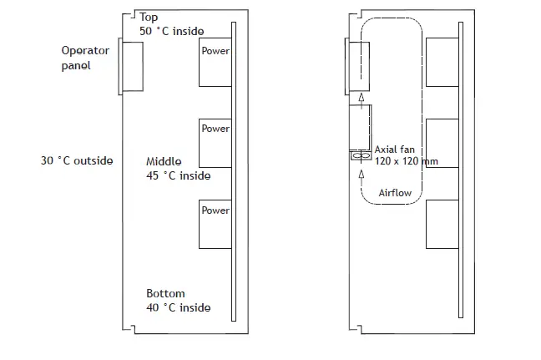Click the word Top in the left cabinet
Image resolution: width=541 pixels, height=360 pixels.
[149, 17]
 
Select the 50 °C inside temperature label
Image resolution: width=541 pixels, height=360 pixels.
[172, 31]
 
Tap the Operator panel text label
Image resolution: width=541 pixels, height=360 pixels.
[85, 58]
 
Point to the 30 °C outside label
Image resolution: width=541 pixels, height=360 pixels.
[77, 160]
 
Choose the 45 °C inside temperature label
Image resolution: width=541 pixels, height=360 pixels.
[178, 175]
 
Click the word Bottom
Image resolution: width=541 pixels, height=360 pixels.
[165, 294]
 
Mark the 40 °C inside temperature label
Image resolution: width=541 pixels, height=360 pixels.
[178, 307]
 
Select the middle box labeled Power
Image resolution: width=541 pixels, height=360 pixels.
[215, 143]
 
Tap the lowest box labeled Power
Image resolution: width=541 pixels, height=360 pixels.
[215, 224]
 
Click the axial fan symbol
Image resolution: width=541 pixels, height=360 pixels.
[362, 155]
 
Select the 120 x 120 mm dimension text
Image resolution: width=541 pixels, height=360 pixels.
[407, 160]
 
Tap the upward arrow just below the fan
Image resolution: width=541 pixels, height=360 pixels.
[362, 175]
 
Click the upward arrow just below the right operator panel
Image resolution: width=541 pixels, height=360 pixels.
[362, 98]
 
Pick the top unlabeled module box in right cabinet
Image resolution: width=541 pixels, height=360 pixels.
[442, 62]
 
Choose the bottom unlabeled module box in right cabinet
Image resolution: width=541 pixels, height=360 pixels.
[442, 224]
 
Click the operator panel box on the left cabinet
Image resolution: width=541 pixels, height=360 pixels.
[133, 65]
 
